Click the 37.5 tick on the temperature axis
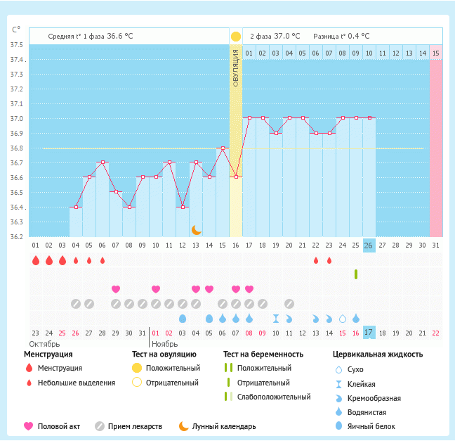(15, 45)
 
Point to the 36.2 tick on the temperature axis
(15, 236)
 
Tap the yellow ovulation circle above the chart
(236, 36)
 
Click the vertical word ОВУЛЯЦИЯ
(236, 68)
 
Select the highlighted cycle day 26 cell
(369, 245)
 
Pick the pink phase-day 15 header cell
(436, 53)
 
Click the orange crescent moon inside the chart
(197, 230)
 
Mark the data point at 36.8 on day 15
(223, 148)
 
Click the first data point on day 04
(76, 207)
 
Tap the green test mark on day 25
(356, 274)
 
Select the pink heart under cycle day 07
(116, 289)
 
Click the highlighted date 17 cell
(369, 332)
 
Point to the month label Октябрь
(44, 344)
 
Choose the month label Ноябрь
(165, 344)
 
